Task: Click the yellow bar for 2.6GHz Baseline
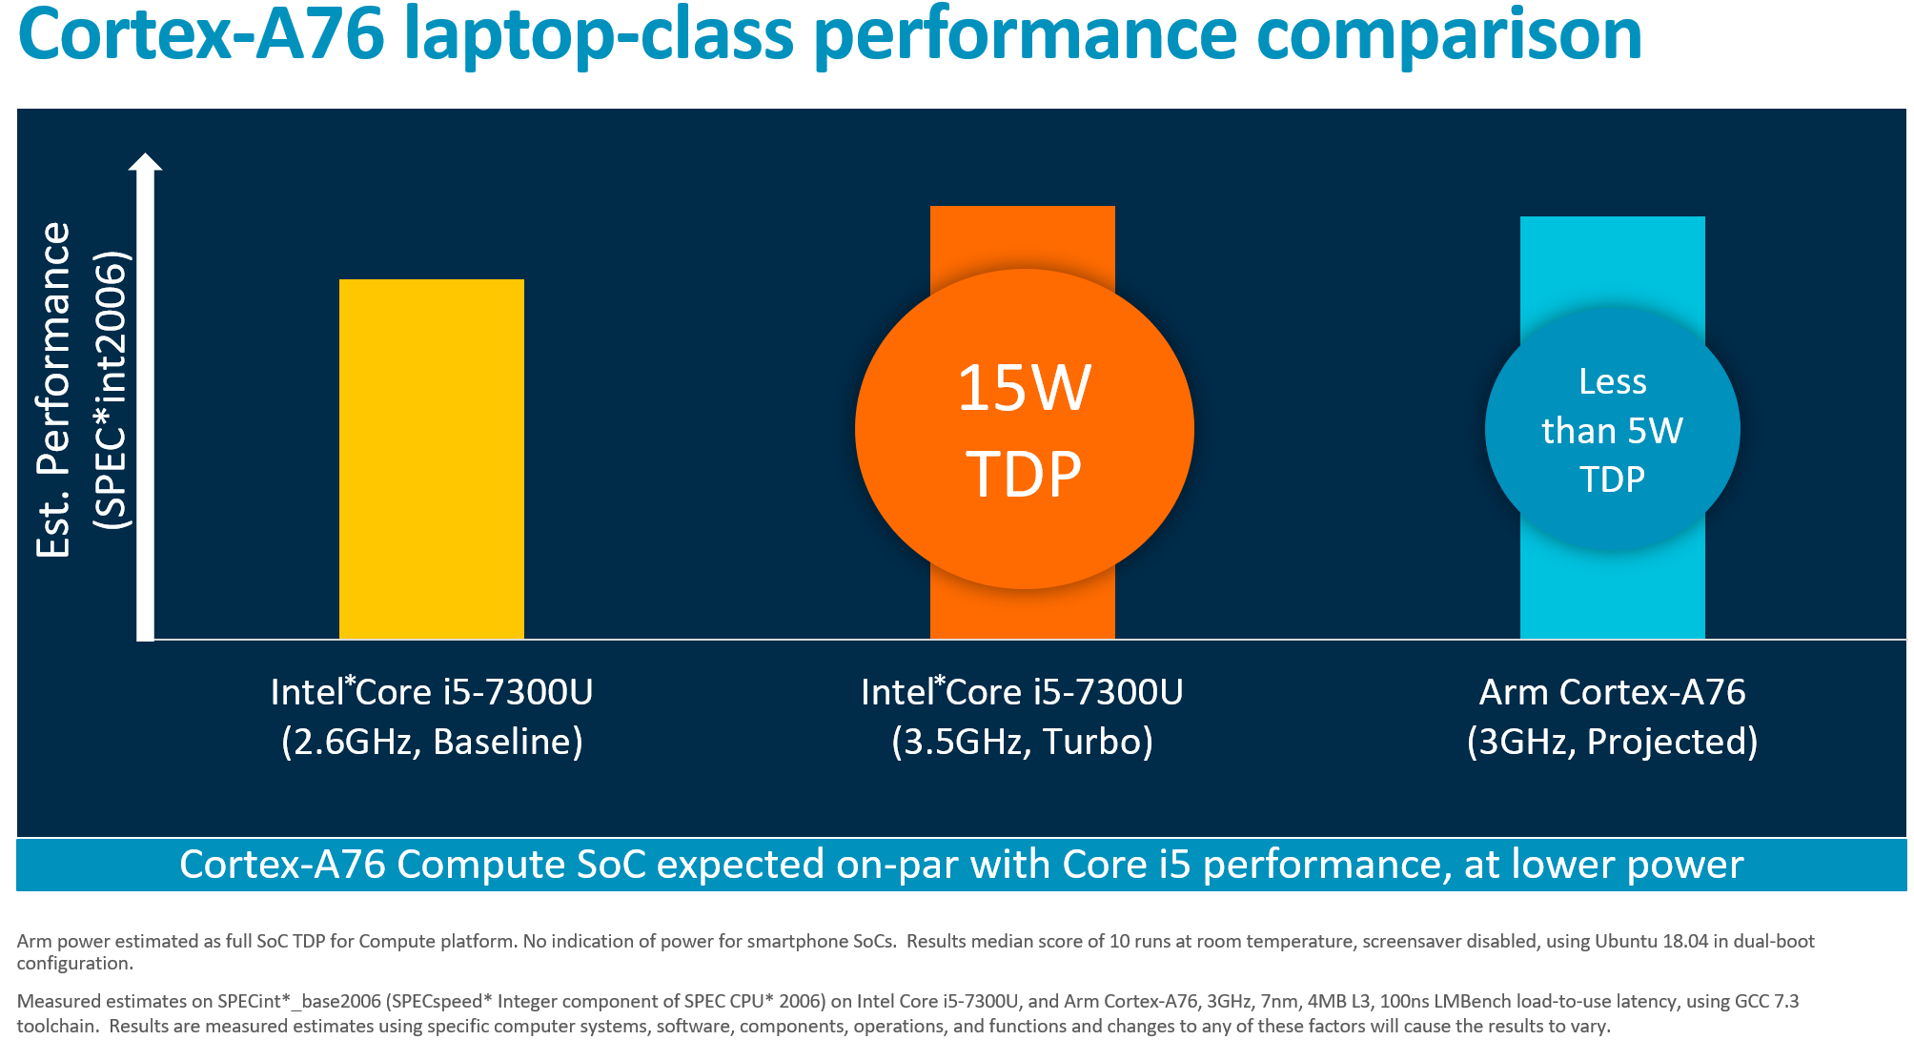tap(432, 458)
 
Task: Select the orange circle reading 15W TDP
tap(1024, 429)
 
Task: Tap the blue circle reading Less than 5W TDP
tap(1612, 429)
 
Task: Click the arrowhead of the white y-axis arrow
tap(145, 163)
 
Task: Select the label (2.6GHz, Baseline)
tap(432, 742)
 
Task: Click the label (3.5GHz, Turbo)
tap(1022, 742)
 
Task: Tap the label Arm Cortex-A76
tap(1612, 692)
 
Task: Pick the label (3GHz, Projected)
tap(1612, 742)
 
